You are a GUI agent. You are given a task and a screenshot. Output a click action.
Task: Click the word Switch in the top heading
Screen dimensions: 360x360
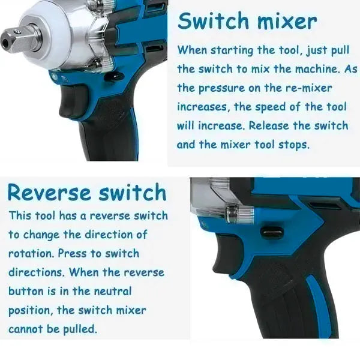point(213,21)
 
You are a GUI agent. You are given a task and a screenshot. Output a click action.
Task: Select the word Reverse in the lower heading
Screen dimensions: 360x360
point(49,192)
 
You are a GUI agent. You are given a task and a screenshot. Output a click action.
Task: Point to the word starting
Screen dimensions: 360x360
point(232,50)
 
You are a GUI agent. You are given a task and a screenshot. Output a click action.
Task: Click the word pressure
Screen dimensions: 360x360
point(222,88)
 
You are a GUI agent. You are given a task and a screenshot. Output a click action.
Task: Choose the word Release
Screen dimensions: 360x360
point(269,125)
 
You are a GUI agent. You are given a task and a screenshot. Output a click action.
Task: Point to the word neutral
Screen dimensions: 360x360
point(113,291)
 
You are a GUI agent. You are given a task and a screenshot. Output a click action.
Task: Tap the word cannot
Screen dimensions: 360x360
point(26,329)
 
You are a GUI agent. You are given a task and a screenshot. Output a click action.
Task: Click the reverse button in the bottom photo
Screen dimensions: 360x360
point(272,233)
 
